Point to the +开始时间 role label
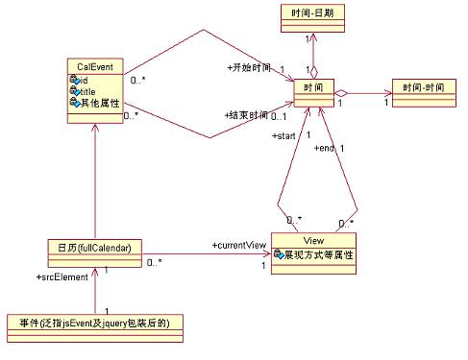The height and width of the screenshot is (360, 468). [249, 69]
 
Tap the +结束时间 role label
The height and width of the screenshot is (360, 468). [245, 114]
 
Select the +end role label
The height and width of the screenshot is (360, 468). [325, 148]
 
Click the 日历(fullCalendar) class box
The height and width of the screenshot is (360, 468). [95, 246]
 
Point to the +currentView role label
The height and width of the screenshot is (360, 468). [239, 246]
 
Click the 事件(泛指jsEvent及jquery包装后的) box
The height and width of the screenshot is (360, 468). [94, 323]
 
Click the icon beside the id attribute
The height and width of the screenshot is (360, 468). [73, 80]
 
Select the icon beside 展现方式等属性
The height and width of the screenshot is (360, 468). [278, 256]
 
